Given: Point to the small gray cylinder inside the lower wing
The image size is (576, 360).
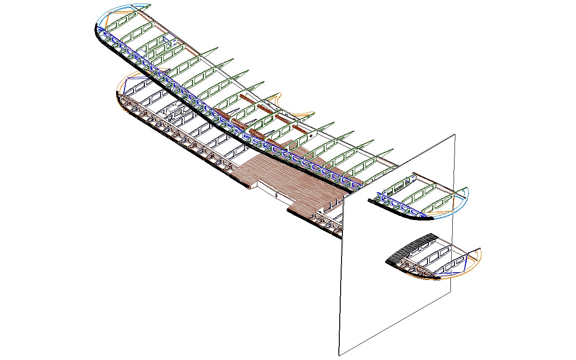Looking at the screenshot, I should tap(173, 108).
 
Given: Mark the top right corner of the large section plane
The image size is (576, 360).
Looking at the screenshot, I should tap(455, 134).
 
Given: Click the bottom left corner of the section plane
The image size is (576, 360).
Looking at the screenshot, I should tap(338, 355).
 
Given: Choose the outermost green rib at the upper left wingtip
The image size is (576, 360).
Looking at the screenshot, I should tap(121, 20).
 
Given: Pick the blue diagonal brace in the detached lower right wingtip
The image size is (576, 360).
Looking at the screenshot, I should tap(463, 265).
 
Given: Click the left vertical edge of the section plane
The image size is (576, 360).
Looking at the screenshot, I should tap(341, 270).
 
